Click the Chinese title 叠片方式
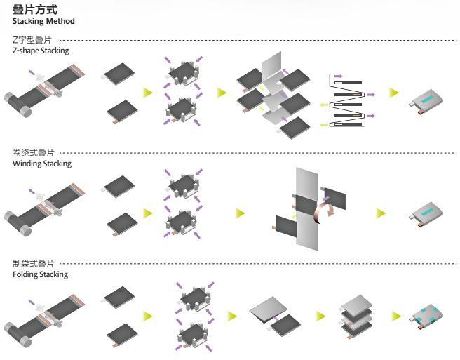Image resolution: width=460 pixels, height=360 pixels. pyautogui.click(x=34, y=9)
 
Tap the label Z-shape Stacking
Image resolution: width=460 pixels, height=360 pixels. pyautogui.click(x=41, y=51)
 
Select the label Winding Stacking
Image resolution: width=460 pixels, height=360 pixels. pyautogui.click(x=42, y=164)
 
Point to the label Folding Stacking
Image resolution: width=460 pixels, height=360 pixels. pyautogui.click(x=40, y=274)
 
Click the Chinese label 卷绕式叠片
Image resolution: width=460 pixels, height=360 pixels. pyautogui.click(x=33, y=153)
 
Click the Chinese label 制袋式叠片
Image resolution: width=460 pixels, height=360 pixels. pyautogui.click(x=33, y=264)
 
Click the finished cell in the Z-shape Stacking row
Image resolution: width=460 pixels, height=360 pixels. pyautogui.click(x=426, y=101)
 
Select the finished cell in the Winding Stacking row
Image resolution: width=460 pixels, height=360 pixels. pyautogui.click(x=426, y=214)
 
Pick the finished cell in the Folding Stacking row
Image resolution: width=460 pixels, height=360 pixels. pyautogui.click(x=426, y=316)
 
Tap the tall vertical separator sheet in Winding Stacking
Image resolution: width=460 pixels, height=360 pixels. pyautogui.click(x=307, y=208)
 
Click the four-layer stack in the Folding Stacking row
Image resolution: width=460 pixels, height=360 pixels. pyautogui.click(x=357, y=316)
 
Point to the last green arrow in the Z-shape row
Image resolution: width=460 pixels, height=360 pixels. pyautogui.click(x=394, y=93)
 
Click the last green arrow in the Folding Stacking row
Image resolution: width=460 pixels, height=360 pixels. pyautogui.click(x=396, y=316)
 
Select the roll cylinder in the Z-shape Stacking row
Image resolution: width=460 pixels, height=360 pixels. pyautogui.click(x=18, y=105)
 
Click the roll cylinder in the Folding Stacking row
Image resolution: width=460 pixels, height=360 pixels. pyautogui.click(x=18, y=335)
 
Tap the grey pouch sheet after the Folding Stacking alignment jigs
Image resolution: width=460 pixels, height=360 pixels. pyautogui.click(x=269, y=309)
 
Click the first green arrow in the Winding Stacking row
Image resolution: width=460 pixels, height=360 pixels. pyautogui.click(x=148, y=213)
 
